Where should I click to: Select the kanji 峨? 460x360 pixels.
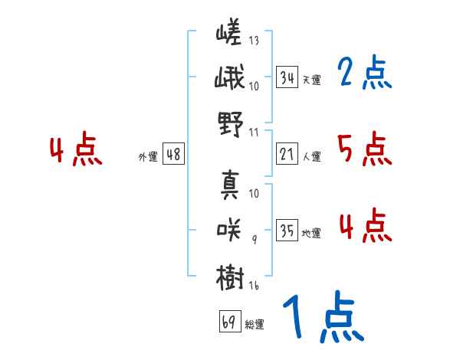[x=229, y=77]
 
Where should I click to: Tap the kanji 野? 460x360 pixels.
[x=231, y=124]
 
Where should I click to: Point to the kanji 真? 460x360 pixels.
[x=230, y=185]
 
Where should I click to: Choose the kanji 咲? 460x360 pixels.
[x=228, y=230]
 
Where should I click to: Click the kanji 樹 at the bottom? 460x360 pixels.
[x=230, y=277]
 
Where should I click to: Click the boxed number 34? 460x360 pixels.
[x=287, y=77]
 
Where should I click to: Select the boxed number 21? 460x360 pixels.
[x=287, y=154]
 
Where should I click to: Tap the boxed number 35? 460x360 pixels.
[x=287, y=230]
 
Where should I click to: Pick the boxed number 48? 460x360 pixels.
[x=174, y=154]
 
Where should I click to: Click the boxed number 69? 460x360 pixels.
[x=231, y=321]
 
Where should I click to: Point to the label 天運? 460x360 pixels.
[x=311, y=80]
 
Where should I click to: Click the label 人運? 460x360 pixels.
[x=311, y=156]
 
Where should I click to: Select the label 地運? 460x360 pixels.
[x=311, y=234]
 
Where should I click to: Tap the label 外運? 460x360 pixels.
[x=148, y=156]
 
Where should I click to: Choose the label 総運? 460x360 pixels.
[x=255, y=324]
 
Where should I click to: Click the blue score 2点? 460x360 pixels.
[x=364, y=72]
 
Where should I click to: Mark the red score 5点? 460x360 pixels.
[x=364, y=149]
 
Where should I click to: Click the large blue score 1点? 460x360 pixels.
[x=324, y=316]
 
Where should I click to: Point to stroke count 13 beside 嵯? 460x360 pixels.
[x=254, y=40]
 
